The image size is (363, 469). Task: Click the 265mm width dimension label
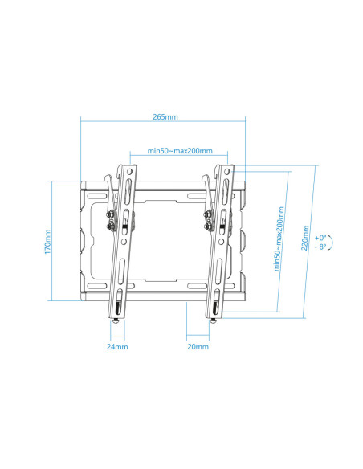(x=165, y=117)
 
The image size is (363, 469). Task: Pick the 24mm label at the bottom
(x=117, y=347)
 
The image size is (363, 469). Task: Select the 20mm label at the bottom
(x=198, y=347)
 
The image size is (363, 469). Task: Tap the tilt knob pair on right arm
(x=210, y=219)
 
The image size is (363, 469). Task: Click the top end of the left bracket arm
(x=128, y=169)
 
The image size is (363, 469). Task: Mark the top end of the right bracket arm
(x=225, y=169)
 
